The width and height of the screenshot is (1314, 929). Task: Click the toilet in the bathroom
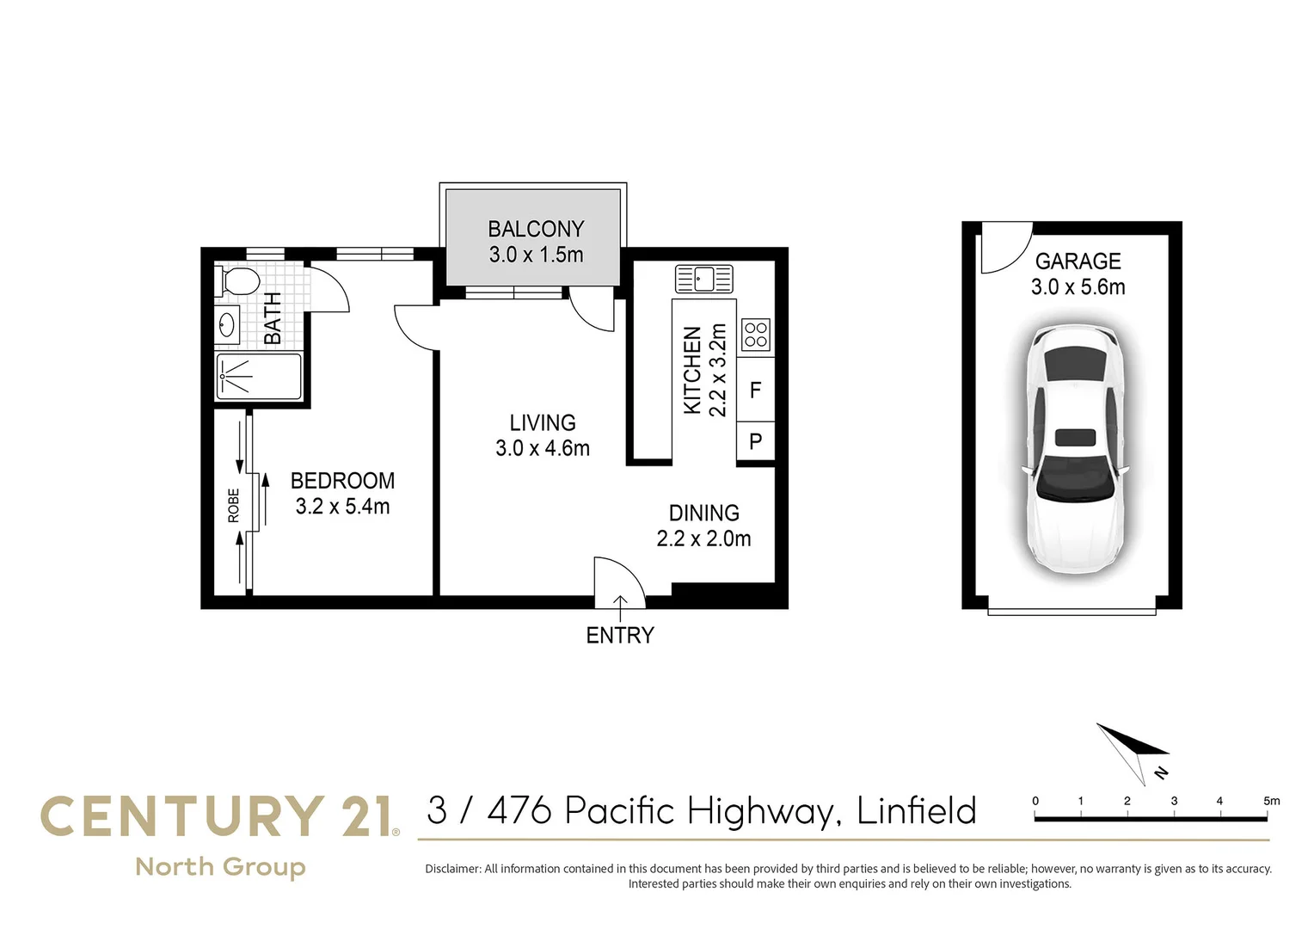pos(240,280)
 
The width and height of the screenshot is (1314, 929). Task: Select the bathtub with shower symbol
pos(258,377)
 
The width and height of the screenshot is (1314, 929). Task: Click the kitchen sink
pos(703,279)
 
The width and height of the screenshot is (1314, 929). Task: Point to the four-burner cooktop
pos(756,334)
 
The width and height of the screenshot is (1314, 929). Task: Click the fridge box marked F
pos(756,391)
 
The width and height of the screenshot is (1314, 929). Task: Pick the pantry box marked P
pos(756,442)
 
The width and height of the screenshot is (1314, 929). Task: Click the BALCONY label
pos(536,230)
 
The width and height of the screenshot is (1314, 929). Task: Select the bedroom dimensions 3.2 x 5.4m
pos(342,507)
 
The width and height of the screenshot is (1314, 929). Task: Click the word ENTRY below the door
pos(620,636)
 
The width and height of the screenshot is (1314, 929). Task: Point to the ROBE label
pos(234,506)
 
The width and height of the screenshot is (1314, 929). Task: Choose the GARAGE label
pos(1078,261)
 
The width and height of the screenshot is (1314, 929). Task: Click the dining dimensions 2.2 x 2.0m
pos(703,539)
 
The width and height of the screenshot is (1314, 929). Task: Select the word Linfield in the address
pos(917,811)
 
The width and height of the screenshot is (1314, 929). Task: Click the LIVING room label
pos(543,423)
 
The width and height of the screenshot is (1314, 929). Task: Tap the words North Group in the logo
pos(221,867)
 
